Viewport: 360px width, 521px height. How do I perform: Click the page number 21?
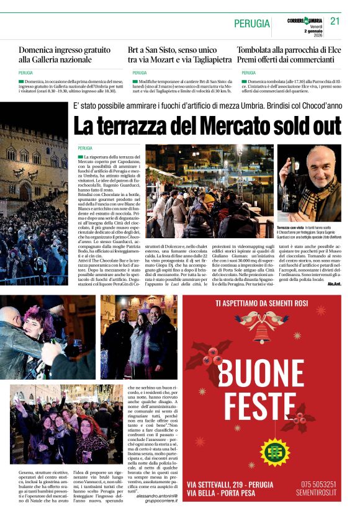pos(335,21)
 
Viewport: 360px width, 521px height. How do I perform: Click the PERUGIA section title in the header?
pos(252,24)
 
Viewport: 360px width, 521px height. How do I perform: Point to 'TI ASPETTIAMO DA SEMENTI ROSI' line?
pos(261,303)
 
